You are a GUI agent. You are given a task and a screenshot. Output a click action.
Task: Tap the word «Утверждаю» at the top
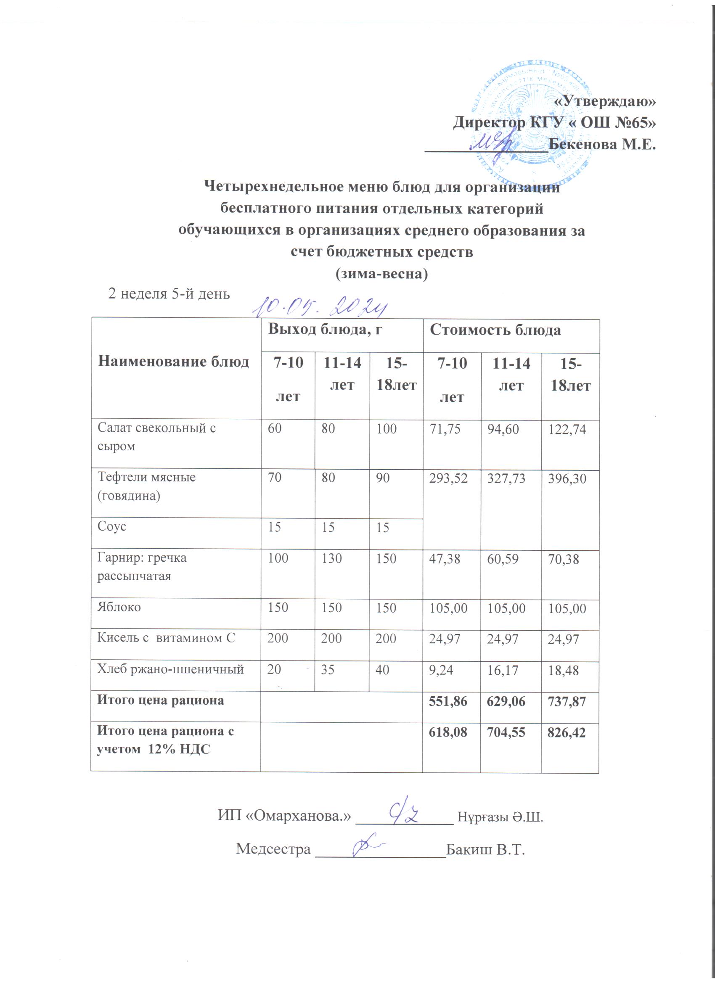point(605,102)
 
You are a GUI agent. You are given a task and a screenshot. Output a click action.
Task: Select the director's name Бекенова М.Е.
point(602,144)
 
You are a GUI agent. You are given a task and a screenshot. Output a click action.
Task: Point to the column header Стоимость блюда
point(495,330)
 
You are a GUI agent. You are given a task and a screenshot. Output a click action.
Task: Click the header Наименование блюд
point(173,362)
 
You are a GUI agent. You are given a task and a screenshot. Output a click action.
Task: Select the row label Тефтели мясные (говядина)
point(146,486)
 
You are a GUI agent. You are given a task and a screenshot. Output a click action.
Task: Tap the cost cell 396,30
point(567,478)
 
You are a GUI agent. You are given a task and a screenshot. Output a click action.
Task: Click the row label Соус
point(112,526)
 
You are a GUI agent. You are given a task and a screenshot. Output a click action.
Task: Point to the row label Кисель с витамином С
point(166,638)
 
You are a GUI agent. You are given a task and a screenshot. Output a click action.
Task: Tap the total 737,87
point(567,701)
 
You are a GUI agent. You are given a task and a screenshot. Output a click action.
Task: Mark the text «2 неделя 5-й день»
point(169,294)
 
